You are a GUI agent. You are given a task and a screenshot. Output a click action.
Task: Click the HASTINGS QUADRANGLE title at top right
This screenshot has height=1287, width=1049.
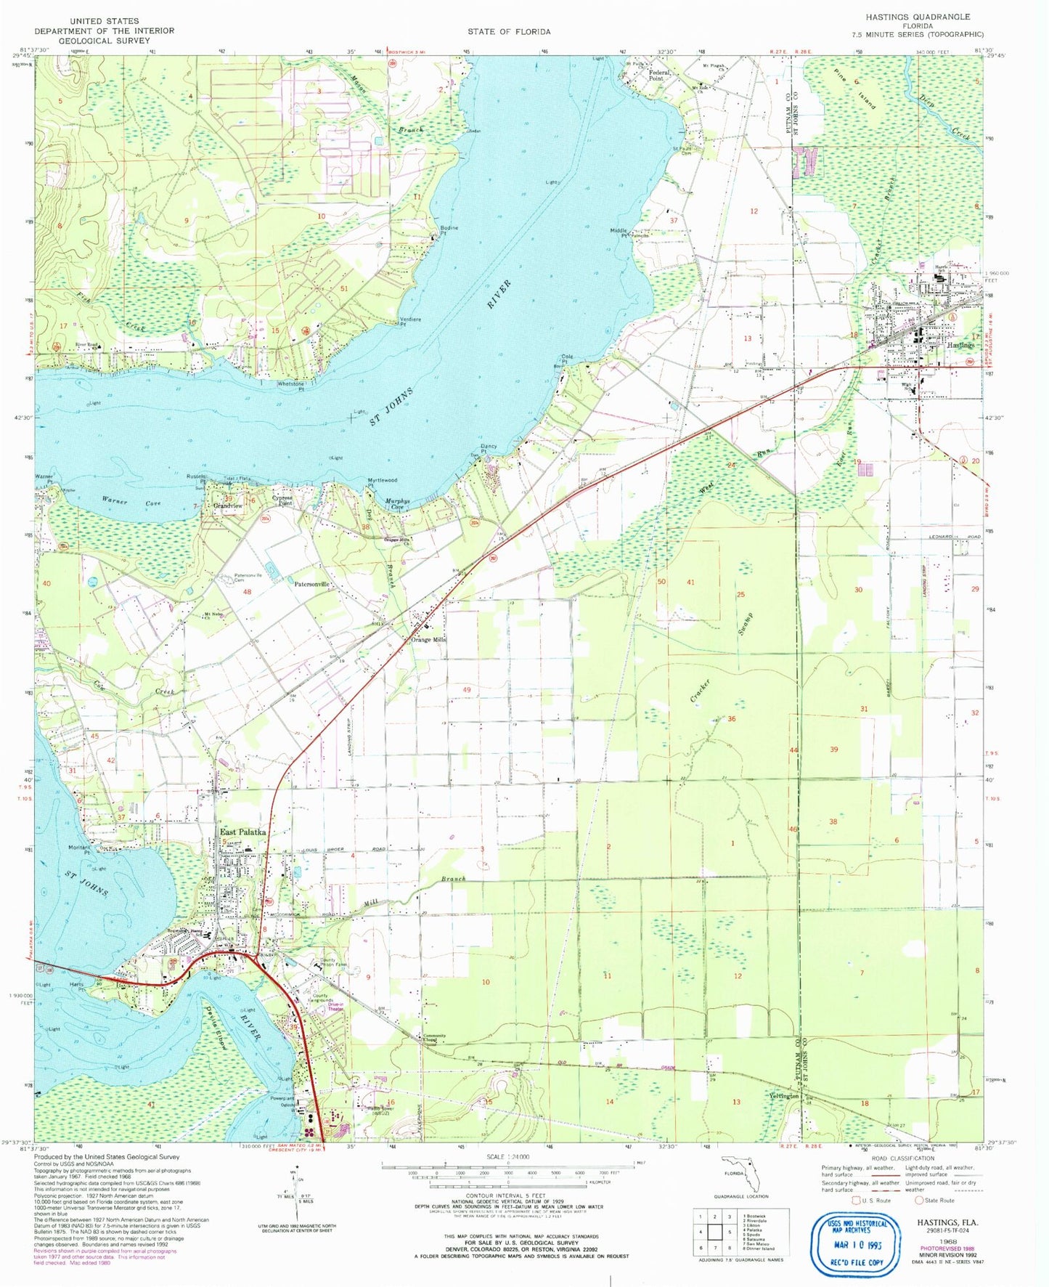coord(918,16)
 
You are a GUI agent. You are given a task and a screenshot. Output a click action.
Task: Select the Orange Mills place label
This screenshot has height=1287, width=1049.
coord(428,639)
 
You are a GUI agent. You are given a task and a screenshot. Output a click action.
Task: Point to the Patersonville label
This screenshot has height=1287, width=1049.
coord(312,584)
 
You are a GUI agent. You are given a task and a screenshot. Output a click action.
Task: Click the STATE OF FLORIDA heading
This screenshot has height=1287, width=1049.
coord(508,31)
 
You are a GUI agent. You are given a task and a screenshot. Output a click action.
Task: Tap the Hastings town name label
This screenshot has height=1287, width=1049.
coord(960,346)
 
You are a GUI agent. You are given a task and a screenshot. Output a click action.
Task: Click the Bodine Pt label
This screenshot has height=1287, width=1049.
coord(449,230)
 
